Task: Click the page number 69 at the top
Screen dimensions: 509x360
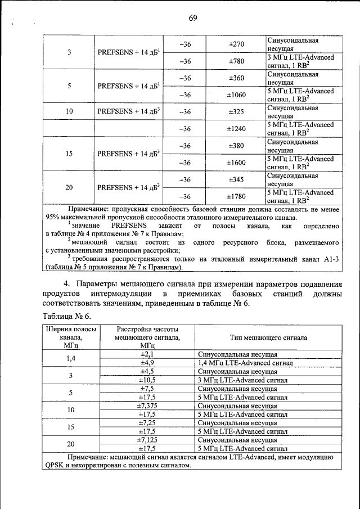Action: [x=192, y=18]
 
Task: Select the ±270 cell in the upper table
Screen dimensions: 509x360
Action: [x=236, y=44]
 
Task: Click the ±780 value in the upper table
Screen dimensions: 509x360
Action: [x=236, y=61]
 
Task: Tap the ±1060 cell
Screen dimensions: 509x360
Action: [x=236, y=95]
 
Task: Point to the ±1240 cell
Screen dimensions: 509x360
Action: [x=236, y=129]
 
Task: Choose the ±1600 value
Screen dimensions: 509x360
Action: [x=236, y=163]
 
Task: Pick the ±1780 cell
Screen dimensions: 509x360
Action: [x=236, y=196]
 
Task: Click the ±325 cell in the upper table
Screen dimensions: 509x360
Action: [x=236, y=112]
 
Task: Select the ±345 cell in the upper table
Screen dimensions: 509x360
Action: [x=236, y=179]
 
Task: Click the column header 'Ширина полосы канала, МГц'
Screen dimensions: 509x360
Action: [x=70, y=337]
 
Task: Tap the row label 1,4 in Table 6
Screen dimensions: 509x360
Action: [x=70, y=359]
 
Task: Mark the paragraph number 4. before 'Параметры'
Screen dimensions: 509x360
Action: [x=66, y=283]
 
